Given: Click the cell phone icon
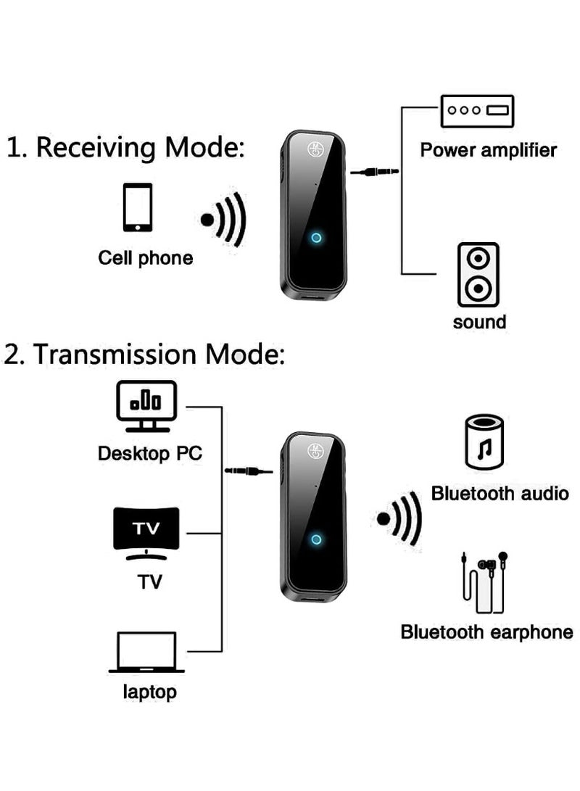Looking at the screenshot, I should click(137, 207).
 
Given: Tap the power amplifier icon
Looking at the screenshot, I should click(477, 111).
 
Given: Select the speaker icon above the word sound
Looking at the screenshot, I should click(478, 275).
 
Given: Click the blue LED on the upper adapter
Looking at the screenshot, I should click(315, 238).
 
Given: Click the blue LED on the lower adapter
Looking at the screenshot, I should click(315, 539).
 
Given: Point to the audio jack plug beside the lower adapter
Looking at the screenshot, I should click(249, 471).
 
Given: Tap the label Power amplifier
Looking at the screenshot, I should click(488, 150).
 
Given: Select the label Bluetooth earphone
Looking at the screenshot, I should click(486, 632).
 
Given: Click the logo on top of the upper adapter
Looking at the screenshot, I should click(317, 149).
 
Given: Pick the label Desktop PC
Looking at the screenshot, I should click(150, 455).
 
